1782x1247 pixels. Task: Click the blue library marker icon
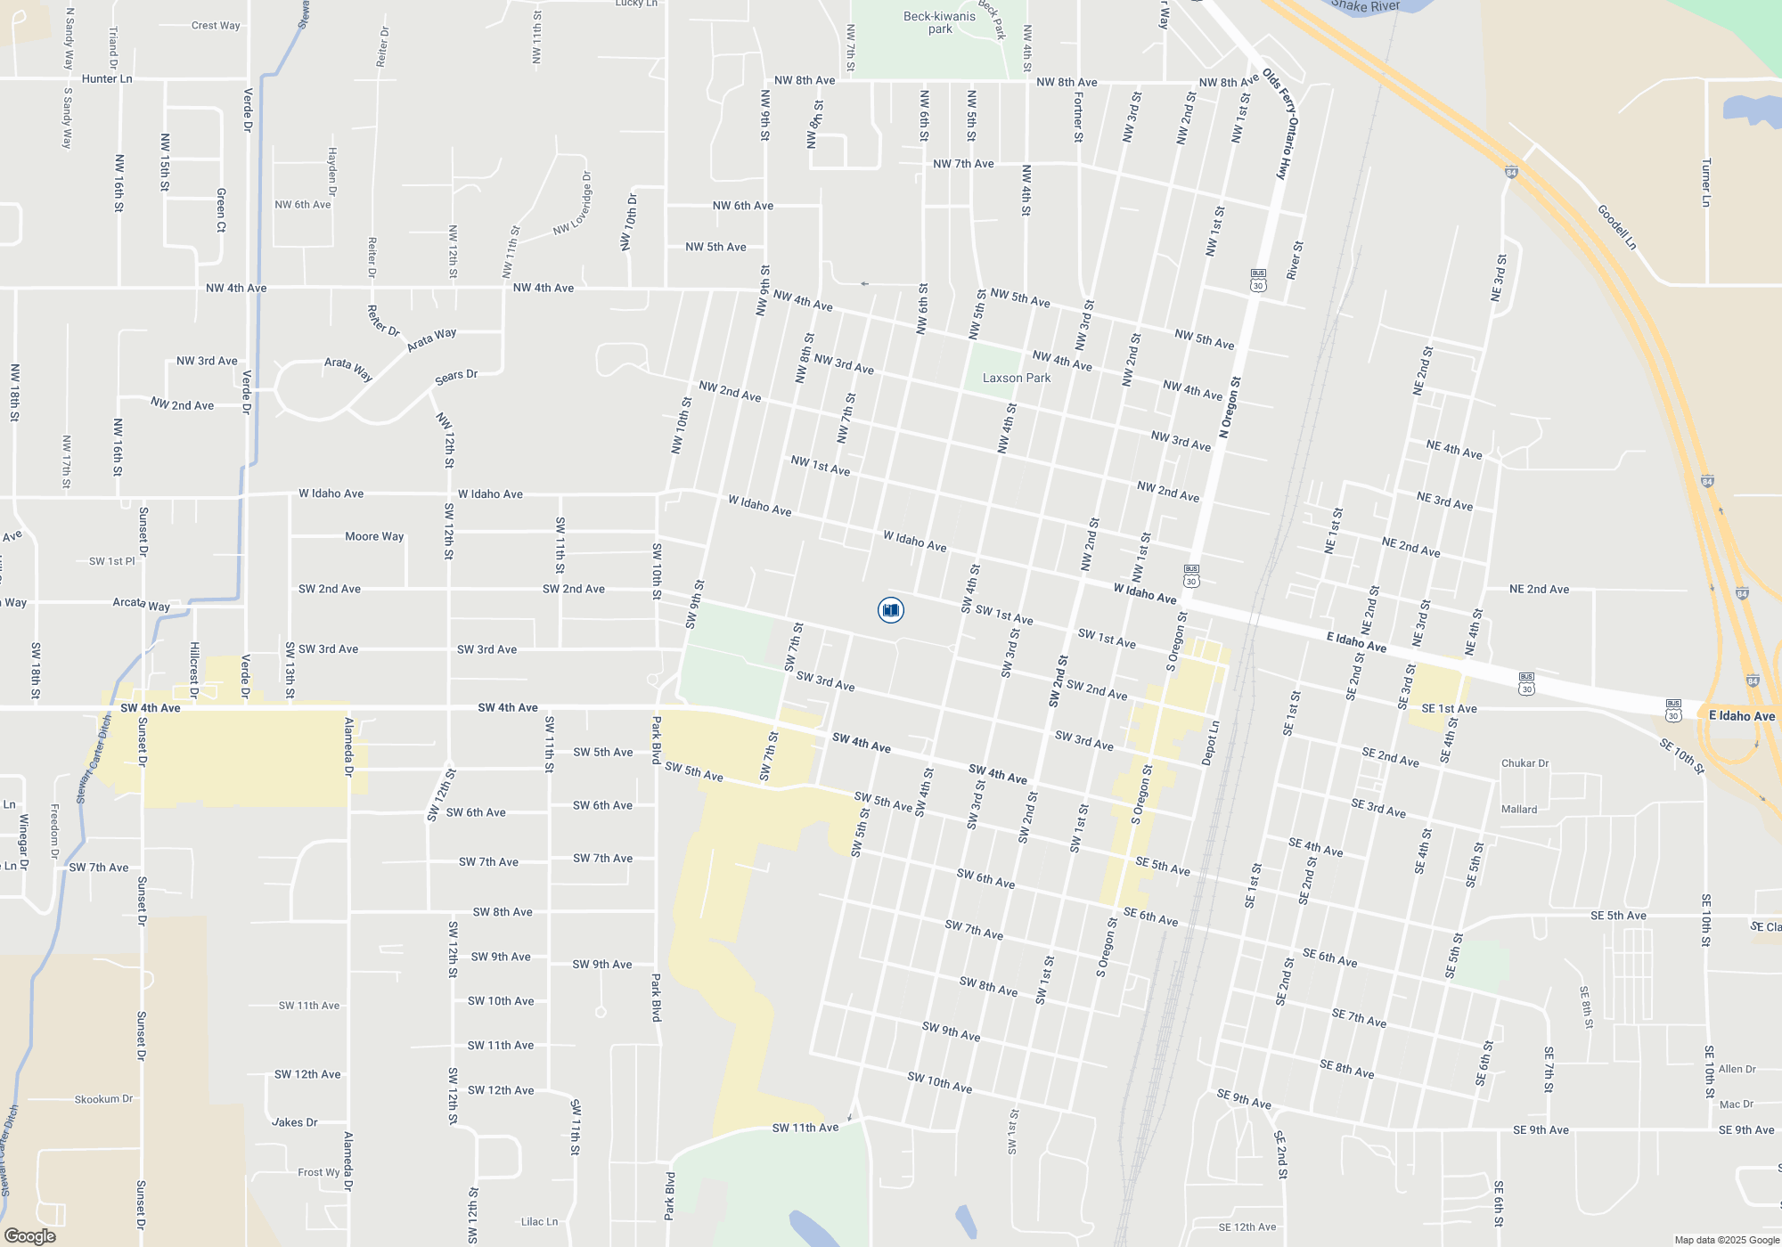pyautogui.click(x=890, y=610)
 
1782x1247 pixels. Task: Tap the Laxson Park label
pyautogui.click(x=1016, y=379)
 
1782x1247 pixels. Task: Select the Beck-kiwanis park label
pyautogui.click(x=939, y=22)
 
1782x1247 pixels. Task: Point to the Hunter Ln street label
pyautogui.click(x=107, y=78)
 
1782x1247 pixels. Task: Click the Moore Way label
pyautogui.click(x=374, y=536)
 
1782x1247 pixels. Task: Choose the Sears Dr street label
pyautogui.click(x=456, y=377)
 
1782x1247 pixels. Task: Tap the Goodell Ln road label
pyautogui.click(x=1616, y=227)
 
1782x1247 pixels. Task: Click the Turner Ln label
pyautogui.click(x=1706, y=183)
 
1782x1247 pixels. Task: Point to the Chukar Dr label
pyautogui.click(x=1525, y=763)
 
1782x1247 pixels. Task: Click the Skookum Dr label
pyautogui.click(x=103, y=1099)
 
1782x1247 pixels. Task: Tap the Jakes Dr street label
pyautogui.click(x=295, y=1122)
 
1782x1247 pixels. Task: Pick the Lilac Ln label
pyautogui.click(x=539, y=1221)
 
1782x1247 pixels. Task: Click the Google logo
pyautogui.click(x=30, y=1235)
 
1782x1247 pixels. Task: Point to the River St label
pyautogui.click(x=1296, y=260)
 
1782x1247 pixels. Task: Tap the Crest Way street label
pyautogui.click(x=216, y=26)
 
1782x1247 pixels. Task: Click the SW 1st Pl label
pyautogui.click(x=112, y=561)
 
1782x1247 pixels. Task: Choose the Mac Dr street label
pyautogui.click(x=1737, y=1104)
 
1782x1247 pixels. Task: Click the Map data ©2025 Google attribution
pyautogui.click(x=1727, y=1240)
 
